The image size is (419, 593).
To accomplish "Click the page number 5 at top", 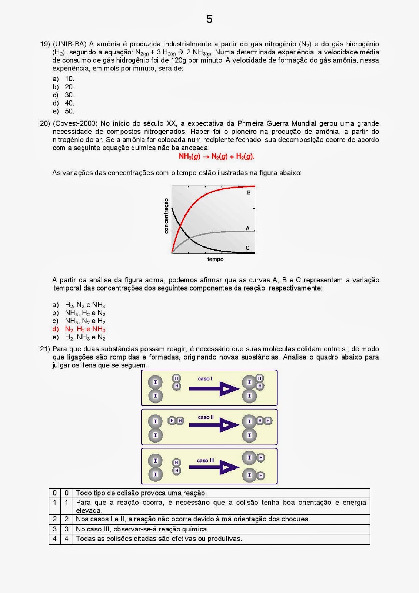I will pos(209,19).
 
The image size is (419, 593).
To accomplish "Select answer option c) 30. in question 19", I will pos(64,95).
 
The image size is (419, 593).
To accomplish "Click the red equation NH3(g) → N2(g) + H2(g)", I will pos(216,156).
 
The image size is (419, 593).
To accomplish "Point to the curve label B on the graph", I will pos(249,192).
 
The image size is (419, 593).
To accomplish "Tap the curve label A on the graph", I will pos(247,228).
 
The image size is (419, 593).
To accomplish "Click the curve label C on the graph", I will pos(247,248).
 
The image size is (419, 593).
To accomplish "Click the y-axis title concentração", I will pos(166,216).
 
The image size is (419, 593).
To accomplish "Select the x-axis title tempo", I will pos(215,259).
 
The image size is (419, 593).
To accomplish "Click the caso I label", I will pos(205,379).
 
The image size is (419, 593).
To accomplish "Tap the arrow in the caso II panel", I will pos(214,425).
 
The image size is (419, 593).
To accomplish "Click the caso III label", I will pos(205,460).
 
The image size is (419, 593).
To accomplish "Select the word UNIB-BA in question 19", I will pos(70,44).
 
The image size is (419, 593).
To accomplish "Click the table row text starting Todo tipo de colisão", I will pos(141,493).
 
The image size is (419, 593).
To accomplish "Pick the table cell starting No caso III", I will pos(142,529).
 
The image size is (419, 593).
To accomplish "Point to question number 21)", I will pos(45,349).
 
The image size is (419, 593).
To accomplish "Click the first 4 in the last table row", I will pos(54,539).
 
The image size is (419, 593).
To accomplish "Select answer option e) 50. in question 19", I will pos(64,111).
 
